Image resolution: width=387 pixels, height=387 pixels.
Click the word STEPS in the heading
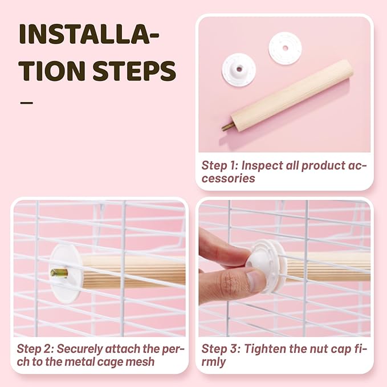134,70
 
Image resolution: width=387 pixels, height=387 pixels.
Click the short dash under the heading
26,103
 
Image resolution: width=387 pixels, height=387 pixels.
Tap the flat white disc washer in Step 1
285,48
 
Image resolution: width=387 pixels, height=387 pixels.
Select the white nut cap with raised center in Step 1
239,70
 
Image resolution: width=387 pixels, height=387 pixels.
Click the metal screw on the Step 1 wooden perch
226,127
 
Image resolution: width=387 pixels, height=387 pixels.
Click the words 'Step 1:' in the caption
219,165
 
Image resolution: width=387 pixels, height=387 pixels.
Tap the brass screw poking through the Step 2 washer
59,272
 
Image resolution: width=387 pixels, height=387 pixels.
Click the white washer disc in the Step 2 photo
66,273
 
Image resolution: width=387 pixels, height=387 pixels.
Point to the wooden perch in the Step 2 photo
133,272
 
